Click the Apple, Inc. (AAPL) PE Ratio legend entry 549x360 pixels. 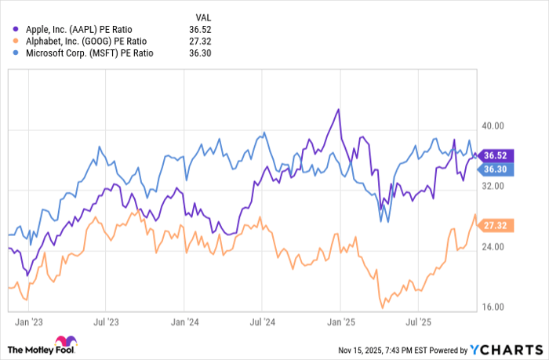(85, 29)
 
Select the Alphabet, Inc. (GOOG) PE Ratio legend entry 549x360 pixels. (87, 41)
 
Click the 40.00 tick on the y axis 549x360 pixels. (493, 125)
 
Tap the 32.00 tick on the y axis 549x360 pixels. (493, 187)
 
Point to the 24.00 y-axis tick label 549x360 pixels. (493, 247)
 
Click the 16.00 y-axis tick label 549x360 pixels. (493, 307)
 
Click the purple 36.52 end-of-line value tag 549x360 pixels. (496, 155)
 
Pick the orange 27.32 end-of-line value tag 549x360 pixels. (496, 225)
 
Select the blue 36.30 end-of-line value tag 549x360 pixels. (496, 169)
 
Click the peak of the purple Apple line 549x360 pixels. (338, 110)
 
